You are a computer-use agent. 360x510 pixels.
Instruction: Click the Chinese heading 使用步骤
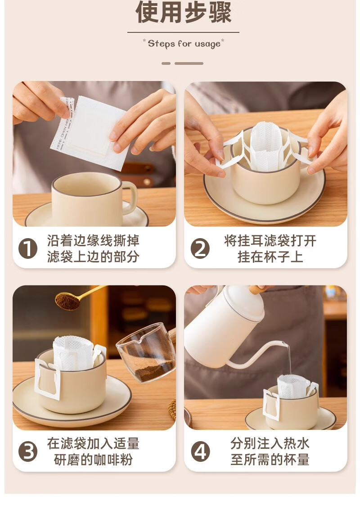pos(184,12)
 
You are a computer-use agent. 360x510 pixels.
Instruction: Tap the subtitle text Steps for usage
pos(184,44)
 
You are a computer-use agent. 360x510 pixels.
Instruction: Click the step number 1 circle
pos(28,249)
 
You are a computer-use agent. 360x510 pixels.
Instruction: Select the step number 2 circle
pos(200,249)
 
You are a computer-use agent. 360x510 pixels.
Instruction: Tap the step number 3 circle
pos(28,452)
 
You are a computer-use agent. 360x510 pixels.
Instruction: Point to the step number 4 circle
pos(200,452)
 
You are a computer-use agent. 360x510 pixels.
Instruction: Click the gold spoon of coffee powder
pos(76,298)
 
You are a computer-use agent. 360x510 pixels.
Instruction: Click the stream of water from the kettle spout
pos(288,359)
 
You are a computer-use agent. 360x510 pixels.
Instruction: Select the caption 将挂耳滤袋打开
pos(270,241)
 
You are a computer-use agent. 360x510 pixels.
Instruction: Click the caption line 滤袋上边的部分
pos(93,257)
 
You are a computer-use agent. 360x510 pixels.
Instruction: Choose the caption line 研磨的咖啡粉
pos(93,460)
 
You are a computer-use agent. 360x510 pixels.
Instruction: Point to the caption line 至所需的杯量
pos(270,460)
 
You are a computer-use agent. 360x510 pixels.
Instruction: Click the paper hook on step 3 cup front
pos(48,379)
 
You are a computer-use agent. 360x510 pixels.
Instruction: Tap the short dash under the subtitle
pos(166,63)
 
